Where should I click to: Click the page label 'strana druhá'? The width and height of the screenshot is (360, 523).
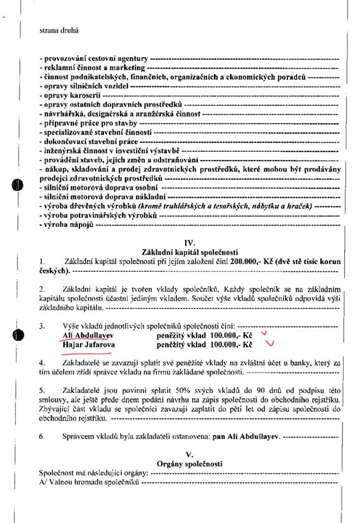(58, 31)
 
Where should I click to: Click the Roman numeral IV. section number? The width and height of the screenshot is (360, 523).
(190, 242)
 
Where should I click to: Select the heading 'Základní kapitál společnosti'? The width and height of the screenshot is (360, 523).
(190, 252)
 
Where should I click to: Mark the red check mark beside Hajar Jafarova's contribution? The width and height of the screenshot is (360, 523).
(269, 344)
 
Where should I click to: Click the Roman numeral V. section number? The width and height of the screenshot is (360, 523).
(190, 454)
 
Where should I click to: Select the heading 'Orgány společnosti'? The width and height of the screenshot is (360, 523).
(190, 464)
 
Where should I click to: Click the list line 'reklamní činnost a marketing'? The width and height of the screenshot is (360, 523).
(91, 68)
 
